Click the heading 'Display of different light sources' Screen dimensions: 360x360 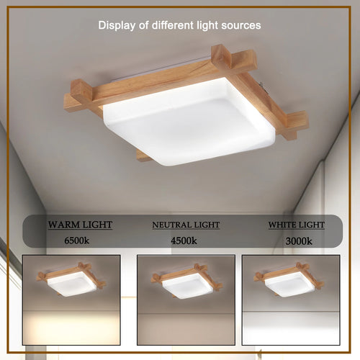click(179, 25)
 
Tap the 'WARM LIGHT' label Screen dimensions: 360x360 click(80, 225)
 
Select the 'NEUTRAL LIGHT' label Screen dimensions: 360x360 click(186, 225)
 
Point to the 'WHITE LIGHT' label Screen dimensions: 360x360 click(296, 225)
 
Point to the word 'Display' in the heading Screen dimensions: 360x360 click(115, 25)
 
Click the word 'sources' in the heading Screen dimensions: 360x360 click(242, 25)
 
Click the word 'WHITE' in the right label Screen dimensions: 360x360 click(282, 225)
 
